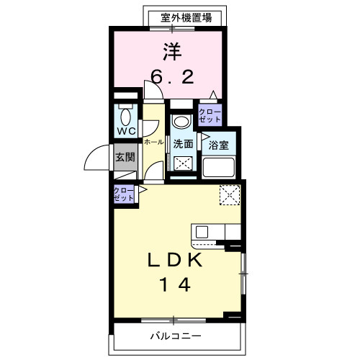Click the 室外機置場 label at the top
186,17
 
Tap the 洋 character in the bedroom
171,51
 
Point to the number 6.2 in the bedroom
172,76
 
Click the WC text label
127,132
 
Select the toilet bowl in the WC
127,117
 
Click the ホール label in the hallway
153,143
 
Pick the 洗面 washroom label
183,143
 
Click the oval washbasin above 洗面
181,120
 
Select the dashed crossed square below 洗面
184,163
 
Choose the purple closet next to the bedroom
210,115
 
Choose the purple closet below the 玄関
123,193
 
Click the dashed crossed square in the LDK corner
230,194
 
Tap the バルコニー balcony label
175,336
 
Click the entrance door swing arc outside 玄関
94,159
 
